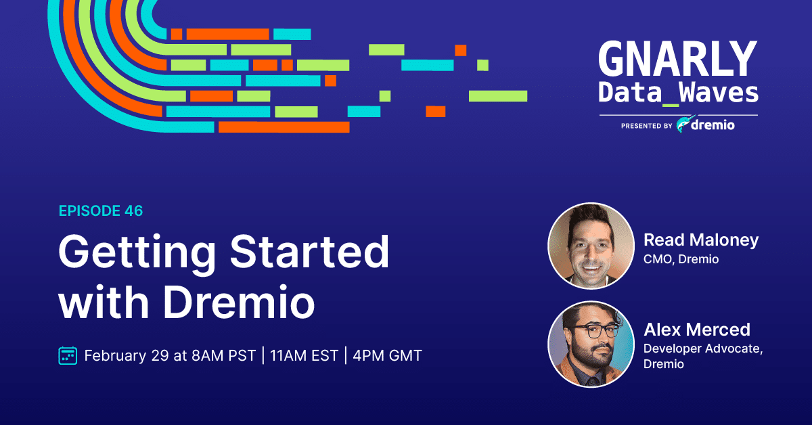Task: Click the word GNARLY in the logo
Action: coord(678,58)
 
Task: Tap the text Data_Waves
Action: coord(678,93)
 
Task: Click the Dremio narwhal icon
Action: coord(685,125)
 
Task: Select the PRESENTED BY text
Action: coord(647,126)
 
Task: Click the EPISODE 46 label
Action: coord(101,210)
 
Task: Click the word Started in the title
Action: coord(310,251)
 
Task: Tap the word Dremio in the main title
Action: coord(240,301)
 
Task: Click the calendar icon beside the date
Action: coord(68,355)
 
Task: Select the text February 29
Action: coord(127,355)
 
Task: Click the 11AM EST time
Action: coord(304,355)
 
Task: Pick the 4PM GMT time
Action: coord(388,355)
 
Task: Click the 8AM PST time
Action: coord(224,355)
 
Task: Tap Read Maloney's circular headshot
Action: coord(591,246)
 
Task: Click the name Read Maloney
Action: coord(701,240)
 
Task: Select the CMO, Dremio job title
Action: coord(681,259)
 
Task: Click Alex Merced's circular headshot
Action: coord(591,344)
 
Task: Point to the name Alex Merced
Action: coord(697,330)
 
